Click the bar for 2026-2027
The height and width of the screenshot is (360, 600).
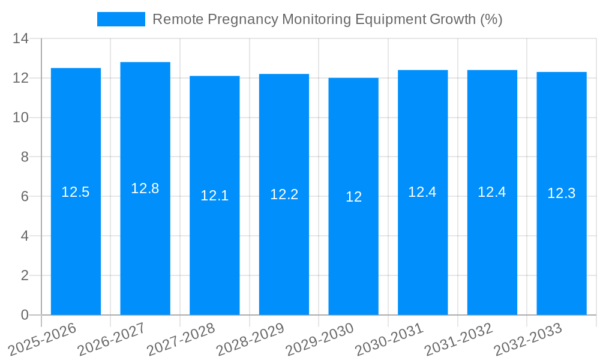click(x=145, y=252)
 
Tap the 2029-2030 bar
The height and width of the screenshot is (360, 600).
click(x=353, y=252)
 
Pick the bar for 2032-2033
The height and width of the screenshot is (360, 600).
click(x=562, y=252)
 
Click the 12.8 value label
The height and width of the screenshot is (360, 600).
click(x=145, y=188)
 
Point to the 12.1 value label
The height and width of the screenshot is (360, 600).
click(x=214, y=196)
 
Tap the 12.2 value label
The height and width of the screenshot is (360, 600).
click(x=284, y=194)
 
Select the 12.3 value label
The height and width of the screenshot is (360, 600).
click(x=562, y=193)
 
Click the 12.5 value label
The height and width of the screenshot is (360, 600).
click(x=76, y=192)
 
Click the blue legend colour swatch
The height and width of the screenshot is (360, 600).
click(x=121, y=19)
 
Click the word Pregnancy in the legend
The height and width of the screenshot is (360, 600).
click(x=242, y=20)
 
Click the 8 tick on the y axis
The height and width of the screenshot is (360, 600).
click(x=25, y=157)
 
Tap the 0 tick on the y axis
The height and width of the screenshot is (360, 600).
click(x=25, y=315)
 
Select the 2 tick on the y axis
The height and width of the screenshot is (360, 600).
click(x=25, y=275)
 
